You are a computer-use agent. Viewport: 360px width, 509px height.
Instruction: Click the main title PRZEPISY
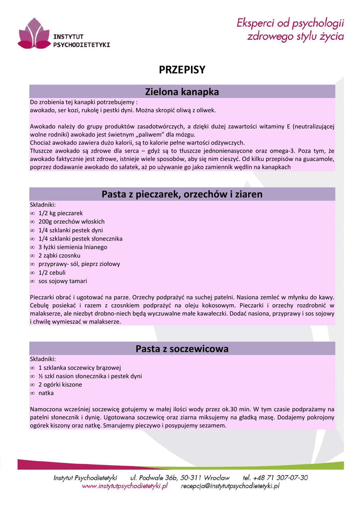(182, 70)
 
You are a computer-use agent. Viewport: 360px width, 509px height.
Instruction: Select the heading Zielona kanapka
(182, 92)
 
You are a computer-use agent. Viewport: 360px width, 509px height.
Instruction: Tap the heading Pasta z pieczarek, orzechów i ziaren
(182, 194)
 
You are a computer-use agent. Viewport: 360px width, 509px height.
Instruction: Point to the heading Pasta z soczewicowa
(182, 349)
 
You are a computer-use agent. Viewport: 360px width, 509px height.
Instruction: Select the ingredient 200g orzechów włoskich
(72, 222)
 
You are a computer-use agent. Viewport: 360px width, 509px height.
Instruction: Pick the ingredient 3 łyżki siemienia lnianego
(73, 247)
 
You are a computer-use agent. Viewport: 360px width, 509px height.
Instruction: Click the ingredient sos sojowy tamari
(63, 281)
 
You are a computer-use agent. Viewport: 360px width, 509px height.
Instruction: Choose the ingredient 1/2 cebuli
(52, 272)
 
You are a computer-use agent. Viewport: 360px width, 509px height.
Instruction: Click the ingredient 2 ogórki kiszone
(60, 385)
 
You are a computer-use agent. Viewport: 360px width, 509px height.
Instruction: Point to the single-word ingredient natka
(46, 393)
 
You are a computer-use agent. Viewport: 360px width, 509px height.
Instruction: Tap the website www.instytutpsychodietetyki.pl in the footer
(125, 486)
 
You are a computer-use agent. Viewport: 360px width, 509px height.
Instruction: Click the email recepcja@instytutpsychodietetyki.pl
(230, 486)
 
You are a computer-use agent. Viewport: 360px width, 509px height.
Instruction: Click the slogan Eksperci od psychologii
(290, 23)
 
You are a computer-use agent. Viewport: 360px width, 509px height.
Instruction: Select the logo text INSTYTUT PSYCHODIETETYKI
(81, 40)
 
